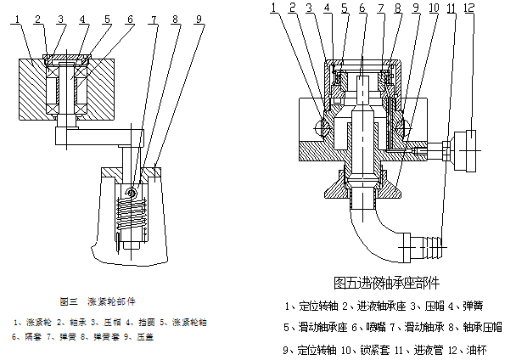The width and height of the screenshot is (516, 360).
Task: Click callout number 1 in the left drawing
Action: (17, 18)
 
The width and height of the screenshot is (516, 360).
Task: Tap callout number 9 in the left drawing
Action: (197, 18)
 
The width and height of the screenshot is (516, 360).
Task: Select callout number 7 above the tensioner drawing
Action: (154, 18)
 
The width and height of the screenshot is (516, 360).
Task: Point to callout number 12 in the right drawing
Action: (493, 8)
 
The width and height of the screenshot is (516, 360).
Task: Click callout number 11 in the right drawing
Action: (473, 8)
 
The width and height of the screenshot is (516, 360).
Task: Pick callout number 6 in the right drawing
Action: (362, 8)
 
